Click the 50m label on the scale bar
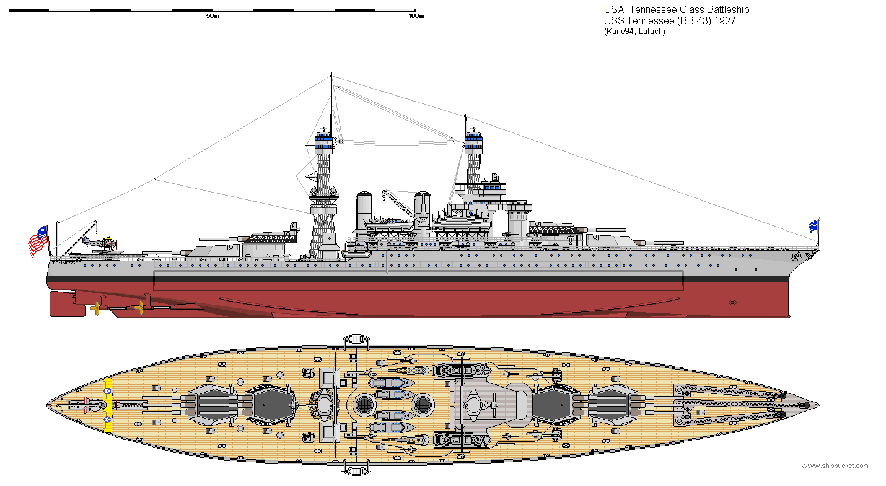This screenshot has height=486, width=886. click(x=213, y=16)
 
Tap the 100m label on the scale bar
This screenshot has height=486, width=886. click(x=416, y=16)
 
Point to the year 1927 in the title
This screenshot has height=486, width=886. click(x=724, y=20)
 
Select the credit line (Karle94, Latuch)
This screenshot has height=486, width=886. click(x=634, y=31)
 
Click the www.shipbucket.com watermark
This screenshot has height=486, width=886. click(x=835, y=466)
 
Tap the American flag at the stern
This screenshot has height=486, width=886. click(x=38, y=241)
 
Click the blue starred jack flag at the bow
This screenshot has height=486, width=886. click(x=813, y=226)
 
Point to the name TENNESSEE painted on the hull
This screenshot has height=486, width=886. click(x=66, y=263)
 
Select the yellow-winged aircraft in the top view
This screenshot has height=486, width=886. click(x=108, y=405)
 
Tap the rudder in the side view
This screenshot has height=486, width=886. click(x=66, y=303)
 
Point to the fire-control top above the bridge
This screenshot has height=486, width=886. click(x=473, y=142)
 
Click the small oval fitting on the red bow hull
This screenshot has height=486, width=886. click(x=733, y=302)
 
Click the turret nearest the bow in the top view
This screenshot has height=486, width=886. click(x=611, y=406)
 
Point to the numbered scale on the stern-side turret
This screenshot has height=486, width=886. click(x=272, y=237)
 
